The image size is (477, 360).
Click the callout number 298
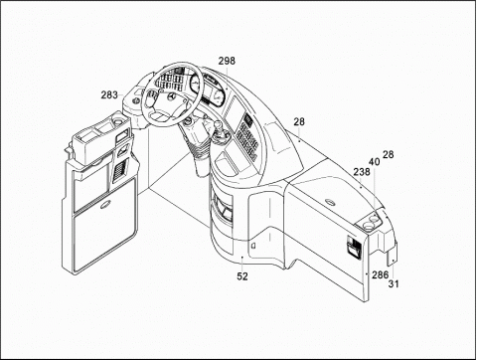click(x=227, y=61)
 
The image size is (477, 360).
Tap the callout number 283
click(x=109, y=95)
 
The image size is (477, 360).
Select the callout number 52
click(x=242, y=276)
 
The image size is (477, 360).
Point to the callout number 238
click(x=362, y=172)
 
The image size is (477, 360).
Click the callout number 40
click(x=375, y=162)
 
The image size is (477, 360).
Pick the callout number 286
click(x=380, y=274)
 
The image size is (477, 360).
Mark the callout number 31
click(x=394, y=283)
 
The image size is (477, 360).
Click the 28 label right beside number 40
click(x=389, y=154)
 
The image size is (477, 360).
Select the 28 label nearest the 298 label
click(x=299, y=121)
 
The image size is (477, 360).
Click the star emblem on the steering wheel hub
click(x=171, y=97)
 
